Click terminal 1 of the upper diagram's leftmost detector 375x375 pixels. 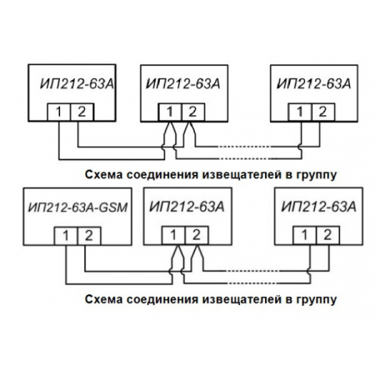(x=58, y=111)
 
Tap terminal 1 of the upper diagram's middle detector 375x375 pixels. (x=170, y=111)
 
